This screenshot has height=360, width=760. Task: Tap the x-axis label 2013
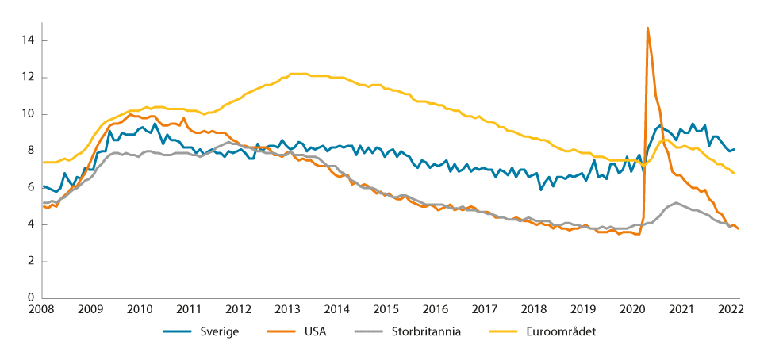click(287, 309)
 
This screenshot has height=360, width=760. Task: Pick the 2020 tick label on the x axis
click(632, 309)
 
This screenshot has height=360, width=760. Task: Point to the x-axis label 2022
click(731, 309)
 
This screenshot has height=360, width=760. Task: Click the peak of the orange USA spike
click(647, 28)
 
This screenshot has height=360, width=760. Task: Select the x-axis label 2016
click(436, 309)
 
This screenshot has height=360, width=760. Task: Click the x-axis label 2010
click(140, 309)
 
